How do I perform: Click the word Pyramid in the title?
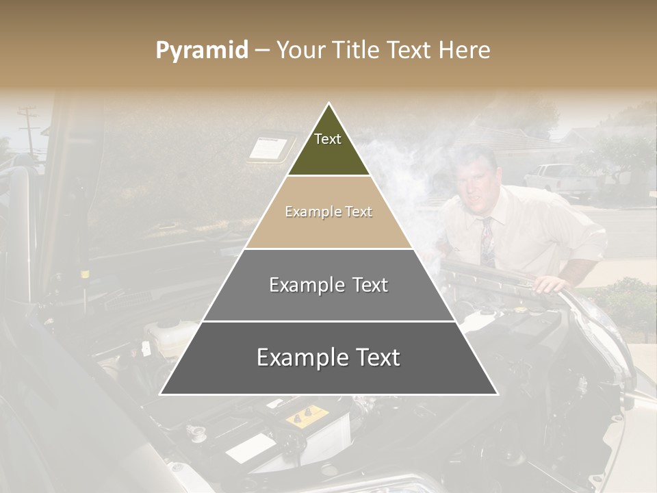201,50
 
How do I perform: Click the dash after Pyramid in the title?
262,51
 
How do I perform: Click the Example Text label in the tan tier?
328,212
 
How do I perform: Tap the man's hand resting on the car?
551,283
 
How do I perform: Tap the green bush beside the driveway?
626,301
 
